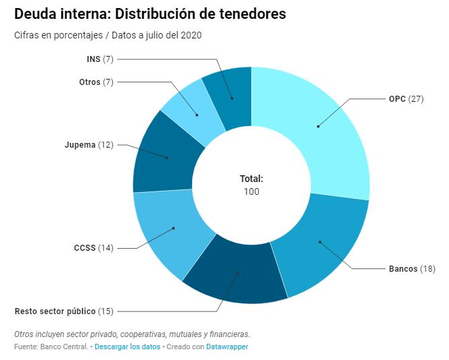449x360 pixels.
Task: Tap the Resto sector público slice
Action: point(237,273)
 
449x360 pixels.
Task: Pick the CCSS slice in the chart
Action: point(173,229)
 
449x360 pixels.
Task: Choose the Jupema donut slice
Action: point(167,157)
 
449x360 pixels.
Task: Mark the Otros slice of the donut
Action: point(198,115)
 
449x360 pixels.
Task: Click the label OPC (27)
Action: point(406,98)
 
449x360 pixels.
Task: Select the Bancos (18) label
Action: point(412,268)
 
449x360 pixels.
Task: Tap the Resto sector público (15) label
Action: point(64,311)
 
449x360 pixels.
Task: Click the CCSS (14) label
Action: point(94,247)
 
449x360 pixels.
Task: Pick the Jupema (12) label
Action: point(89,144)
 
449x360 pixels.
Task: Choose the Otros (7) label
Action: point(96,82)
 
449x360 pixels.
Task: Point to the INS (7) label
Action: point(100,59)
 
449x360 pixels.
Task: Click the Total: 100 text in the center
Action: point(251,185)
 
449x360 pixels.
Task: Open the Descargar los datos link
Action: point(127,347)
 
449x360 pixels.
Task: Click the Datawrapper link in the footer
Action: point(227,347)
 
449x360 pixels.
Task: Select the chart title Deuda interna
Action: point(150,13)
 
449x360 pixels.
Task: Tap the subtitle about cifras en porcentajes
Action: point(107,35)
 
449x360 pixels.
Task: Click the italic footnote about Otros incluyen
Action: point(131,334)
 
